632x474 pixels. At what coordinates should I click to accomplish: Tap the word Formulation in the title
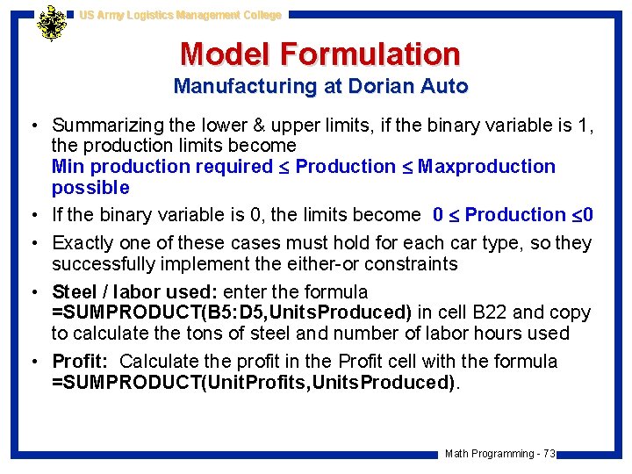(370, 54)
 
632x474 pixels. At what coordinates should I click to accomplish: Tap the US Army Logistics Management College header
(180, 15)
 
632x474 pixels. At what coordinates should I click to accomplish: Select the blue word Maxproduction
(486, 167)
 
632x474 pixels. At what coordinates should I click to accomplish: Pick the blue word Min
(68, 167)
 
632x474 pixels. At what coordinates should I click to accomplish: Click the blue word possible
(90, 188)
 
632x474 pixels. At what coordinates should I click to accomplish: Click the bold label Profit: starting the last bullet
(81, 362)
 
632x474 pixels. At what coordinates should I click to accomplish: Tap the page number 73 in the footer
(549, 454)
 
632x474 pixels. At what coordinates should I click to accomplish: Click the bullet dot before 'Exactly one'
(38, 243)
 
